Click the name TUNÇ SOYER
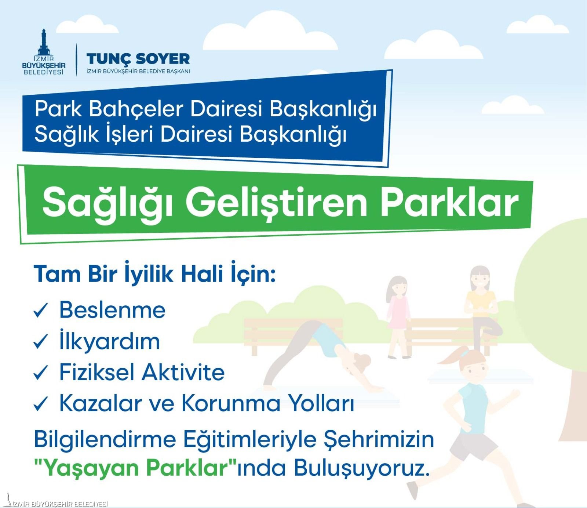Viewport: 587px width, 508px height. pyautogui.click(x=138, y=58)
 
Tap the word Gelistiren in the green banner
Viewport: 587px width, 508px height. pyautogui.click(x=277, y=203)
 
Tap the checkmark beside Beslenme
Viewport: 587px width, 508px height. pyautogui.click(x=41, y=310)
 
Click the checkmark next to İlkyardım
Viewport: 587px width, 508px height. pyautogui.click(x=41, y=341)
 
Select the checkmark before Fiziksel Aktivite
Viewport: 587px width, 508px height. pyautogui.click(x=41, y=372)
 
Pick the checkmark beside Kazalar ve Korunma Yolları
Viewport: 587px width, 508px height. pyautogui.click(x=41, y=403)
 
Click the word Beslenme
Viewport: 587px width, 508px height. pyautogui.click(x=112, y=310)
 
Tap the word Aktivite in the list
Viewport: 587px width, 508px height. pyautogui.click(x=183, y=372)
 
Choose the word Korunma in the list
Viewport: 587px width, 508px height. pyautogui.click(x=231, y=403)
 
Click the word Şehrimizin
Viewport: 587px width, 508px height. pyautogui.click(x=379, y=439)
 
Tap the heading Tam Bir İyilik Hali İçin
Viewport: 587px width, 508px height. pyautogui.click(x=154, y=274)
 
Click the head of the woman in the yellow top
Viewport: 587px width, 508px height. pyautogui.click(x=480, y=279)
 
